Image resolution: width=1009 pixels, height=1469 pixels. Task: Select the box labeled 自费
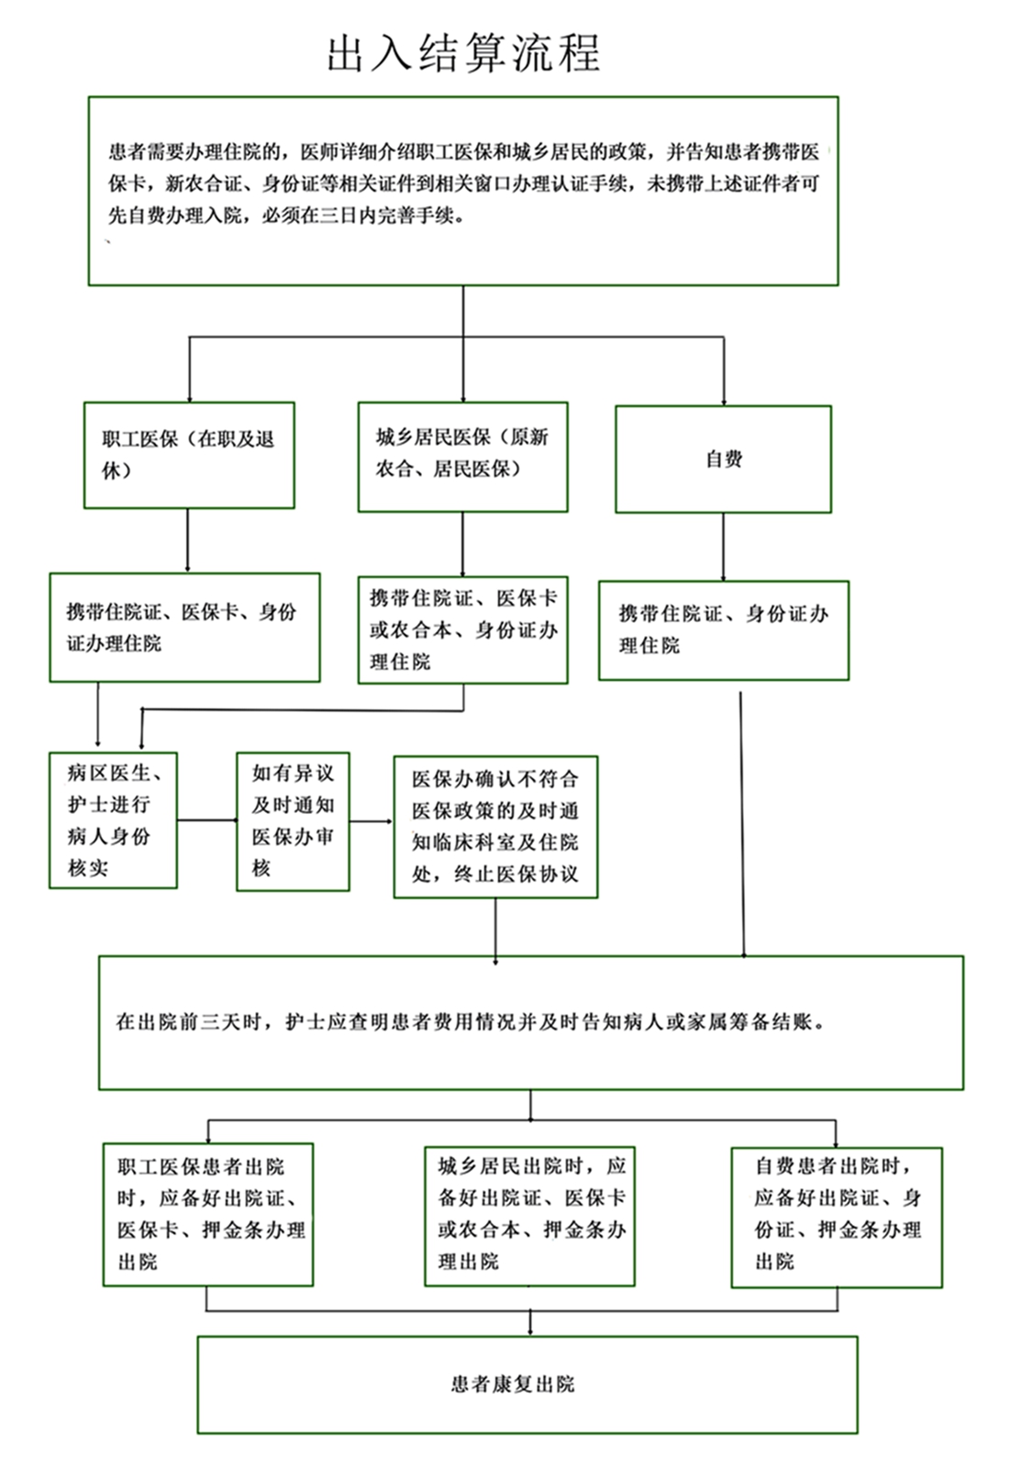(723, 459)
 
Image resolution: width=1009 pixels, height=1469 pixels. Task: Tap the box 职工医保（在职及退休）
(189, 455)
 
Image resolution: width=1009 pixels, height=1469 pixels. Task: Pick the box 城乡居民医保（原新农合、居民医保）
(463, 456)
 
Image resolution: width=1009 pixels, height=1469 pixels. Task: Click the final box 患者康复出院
(527, 1385)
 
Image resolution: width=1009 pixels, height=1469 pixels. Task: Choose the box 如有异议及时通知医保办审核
(293, 821)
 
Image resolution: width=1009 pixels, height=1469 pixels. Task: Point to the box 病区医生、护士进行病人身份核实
(114, 819)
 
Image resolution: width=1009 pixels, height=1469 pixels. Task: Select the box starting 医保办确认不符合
(495, 827)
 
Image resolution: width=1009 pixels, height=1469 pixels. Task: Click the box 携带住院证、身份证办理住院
(724, 630)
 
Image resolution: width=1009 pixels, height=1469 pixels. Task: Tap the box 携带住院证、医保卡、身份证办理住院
(185, 628)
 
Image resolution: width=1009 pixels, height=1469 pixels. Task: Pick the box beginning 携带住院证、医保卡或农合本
(463, 629)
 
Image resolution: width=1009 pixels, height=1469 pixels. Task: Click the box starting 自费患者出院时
(837, 1218)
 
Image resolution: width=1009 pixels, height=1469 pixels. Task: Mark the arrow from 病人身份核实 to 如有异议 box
(207, 819)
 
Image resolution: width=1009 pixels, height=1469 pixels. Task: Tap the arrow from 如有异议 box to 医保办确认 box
(371, 821)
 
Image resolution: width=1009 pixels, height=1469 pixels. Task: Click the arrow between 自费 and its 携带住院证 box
(723, 547)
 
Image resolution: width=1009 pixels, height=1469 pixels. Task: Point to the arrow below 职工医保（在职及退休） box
(187, 540)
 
